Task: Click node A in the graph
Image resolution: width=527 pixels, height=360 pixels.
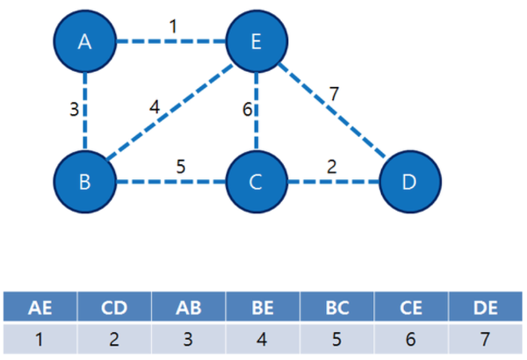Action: [x=85, y=41]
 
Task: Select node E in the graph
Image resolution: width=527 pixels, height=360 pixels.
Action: [x=256, y=41]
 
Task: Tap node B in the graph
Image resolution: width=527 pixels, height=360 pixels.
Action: [x=85, y=182]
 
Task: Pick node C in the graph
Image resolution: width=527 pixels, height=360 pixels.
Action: [x=256, y=182]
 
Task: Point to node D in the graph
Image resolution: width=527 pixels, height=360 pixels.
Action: [x=410, y=182]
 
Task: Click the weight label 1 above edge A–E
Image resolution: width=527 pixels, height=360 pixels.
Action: [x=173, y=26]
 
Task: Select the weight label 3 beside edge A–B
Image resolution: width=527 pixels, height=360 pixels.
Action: [x=74, y=110]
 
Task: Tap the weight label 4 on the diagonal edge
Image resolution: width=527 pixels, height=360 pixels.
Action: [x=155, y=107]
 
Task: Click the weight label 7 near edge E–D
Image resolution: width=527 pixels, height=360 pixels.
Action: [x=334, y=94]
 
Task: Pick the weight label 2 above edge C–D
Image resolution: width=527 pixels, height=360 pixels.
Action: [x=332, y=167]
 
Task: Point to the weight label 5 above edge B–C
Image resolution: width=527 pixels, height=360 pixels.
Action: [x=181, y=167]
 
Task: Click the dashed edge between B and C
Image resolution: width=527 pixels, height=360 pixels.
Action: [x=171, y=182]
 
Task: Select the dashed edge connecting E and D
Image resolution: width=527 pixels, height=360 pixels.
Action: [x=332, y=111]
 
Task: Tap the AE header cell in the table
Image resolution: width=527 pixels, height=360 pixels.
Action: [x=40, y=306]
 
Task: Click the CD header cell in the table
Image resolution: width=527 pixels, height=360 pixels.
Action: [x=114, y=306]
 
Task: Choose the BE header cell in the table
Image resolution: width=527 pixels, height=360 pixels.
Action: [x=263, y=306]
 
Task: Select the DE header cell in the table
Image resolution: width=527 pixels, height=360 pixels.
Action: [x=486, y=306]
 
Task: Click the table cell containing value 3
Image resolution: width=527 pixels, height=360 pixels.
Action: [x=189, y=338]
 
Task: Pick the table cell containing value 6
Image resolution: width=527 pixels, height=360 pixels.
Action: [x=411, y=338]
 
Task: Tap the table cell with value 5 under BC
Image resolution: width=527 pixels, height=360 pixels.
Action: [x=337, y=338]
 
